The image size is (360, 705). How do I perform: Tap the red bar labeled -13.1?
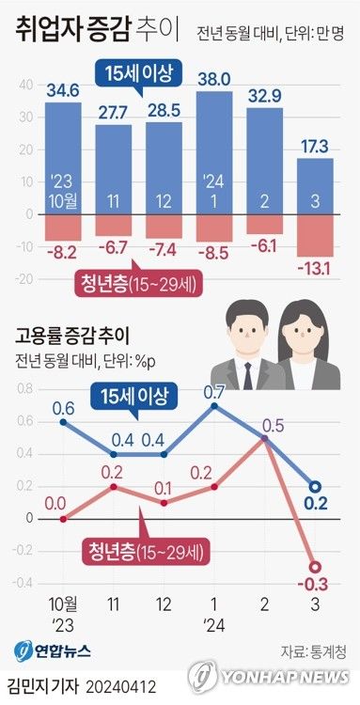click(x=316, y=235)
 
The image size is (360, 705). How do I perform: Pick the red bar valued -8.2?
click(x=63, y=227)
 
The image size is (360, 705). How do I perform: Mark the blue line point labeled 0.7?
click(x=214, y=406)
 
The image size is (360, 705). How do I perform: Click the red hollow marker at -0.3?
click(x=316, y=566)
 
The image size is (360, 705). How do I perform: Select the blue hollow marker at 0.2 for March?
click(x=316, y=486)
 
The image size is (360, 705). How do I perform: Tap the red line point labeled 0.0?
click(x=62, y=518)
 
